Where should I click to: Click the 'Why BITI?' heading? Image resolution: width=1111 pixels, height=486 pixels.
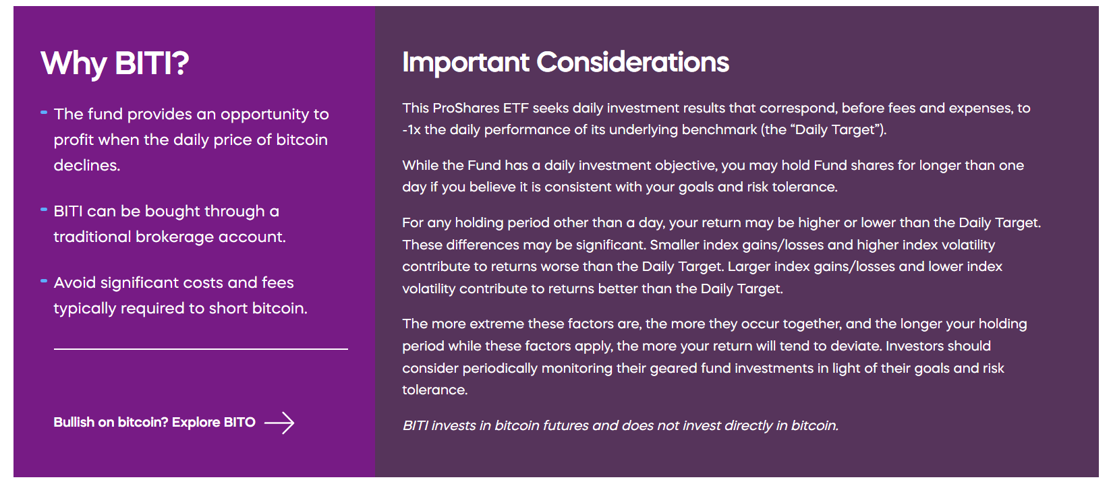tap(115, 63)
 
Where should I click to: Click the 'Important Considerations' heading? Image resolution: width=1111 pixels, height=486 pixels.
tap(565, 62)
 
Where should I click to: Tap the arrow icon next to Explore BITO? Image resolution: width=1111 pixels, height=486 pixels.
tap(279, 423)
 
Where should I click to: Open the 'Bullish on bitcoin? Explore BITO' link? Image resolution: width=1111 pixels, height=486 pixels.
tap(154, 423)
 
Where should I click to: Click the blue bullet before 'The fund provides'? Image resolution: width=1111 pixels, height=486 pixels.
tap(44, 113)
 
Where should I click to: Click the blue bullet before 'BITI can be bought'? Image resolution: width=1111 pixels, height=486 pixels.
tap(44, 210)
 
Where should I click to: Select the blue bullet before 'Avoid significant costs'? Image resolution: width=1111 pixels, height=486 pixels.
tap(44, 280)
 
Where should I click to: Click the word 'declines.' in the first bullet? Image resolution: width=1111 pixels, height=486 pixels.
tap(87, 165)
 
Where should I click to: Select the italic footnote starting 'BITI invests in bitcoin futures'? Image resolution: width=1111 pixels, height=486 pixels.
tap(620, 425)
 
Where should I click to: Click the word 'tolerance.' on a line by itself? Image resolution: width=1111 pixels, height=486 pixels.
tap(434, 390)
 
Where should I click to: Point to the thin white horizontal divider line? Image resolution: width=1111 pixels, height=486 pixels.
tap(200, 349)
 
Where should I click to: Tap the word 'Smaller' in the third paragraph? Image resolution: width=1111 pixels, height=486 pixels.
tap(675, 245)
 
